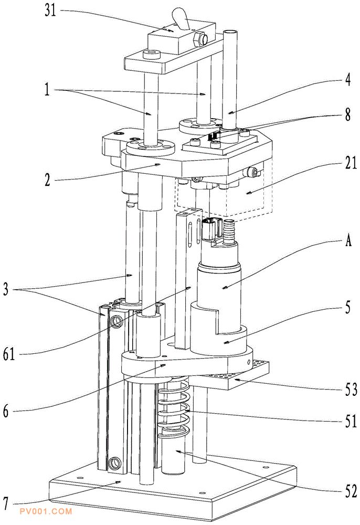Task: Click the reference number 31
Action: (x=50, y=10)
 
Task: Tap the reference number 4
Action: (x=348, y=80)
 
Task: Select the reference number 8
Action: (x=348, y=115)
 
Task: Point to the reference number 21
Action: (x=351, y=163)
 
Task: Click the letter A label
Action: (x=348, y=240)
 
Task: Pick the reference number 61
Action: (x=9, y=354)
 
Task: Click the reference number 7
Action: (x=6, y=503)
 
